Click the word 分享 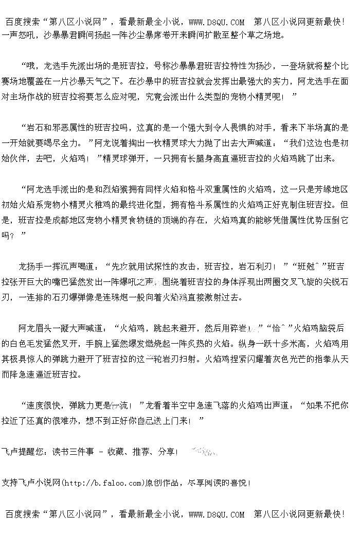tap(167, 452)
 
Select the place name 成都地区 tap(68, 220)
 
